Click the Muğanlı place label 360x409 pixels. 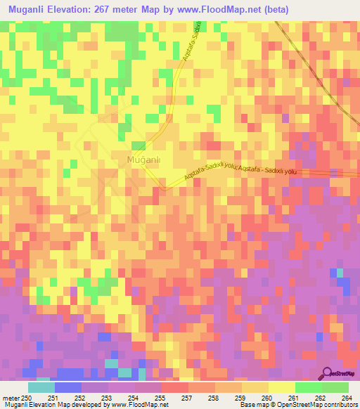(x=143, y=160)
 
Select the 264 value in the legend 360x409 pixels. (x=345, y=396)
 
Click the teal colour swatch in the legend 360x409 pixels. (x=41, y=387)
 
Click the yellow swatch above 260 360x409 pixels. (x=255, y=387)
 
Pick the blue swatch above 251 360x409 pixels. (x=67, y=387)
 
